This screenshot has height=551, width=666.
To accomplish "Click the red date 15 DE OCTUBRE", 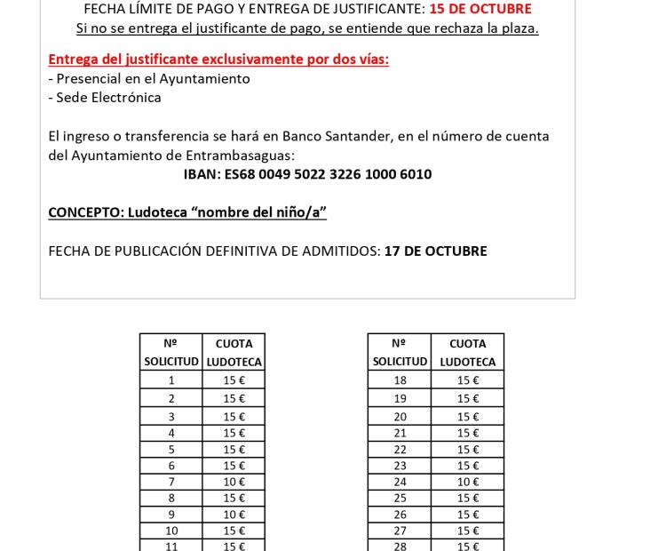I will point(480,9).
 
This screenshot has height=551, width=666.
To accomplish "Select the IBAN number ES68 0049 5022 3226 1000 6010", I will point(307,174).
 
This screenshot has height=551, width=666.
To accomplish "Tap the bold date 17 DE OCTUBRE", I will point(435,251).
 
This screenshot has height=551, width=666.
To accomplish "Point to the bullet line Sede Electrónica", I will point(105,98).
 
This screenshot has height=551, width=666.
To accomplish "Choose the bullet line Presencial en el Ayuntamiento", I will point(149,78).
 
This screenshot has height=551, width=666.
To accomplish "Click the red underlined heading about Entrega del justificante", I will point(218,59).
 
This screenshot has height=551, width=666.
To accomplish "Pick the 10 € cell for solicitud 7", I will point(234,482).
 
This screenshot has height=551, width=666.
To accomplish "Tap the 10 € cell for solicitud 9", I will point(234,515).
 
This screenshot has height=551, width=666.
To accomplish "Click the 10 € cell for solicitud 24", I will point(468,482).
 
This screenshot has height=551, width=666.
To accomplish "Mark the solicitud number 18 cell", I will point(400,380).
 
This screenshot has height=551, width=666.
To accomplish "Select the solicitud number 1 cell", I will point(171,380).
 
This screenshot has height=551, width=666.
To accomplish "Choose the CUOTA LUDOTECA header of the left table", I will point(234,353).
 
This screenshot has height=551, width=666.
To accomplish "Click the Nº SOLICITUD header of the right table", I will point(400,353).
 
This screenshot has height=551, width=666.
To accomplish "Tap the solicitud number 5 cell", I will point(171,450).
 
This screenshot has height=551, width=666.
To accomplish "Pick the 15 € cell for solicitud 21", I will point(468,433).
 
